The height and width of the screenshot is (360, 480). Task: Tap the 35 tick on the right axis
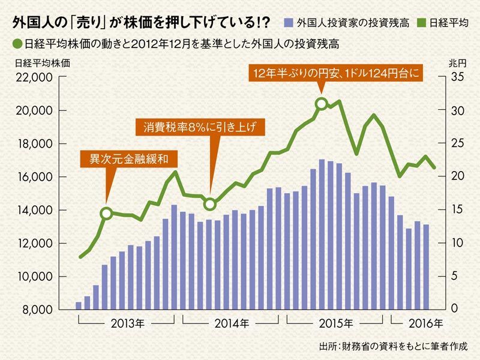[x=456, y=77]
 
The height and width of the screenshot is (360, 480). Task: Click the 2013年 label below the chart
[x=128, y=325]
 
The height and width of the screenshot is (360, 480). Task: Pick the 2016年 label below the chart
[x=427, y=325]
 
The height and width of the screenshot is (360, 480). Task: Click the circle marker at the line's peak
[x=322, y=104]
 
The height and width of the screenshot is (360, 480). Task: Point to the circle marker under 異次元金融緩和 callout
[x=106, y=213]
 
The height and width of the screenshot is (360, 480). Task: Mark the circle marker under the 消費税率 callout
[x=210, y=204]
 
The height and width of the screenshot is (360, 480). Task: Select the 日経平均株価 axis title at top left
[x=33, y=62]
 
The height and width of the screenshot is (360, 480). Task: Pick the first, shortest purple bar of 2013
[x=79, y=305]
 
